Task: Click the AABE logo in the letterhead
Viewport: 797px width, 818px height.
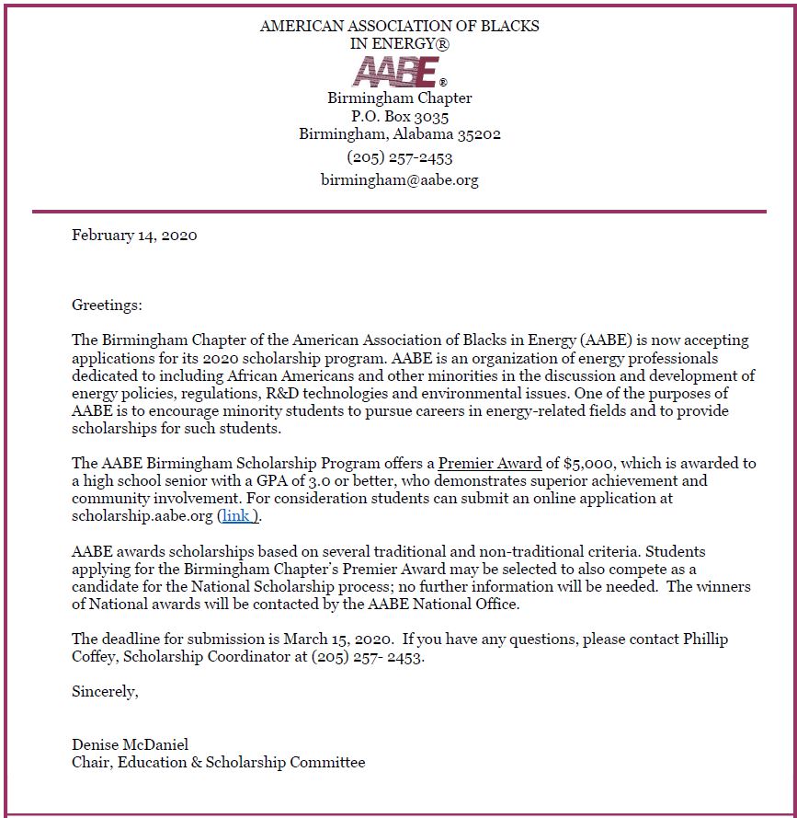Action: [399, 70]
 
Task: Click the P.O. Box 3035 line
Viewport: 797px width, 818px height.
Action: [399, 117]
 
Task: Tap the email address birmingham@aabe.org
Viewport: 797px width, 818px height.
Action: [399, 180]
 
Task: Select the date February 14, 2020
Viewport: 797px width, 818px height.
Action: [134, 235]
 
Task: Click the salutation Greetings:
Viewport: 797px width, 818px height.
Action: [107, 305]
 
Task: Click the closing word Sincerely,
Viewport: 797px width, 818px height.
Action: [105, 691]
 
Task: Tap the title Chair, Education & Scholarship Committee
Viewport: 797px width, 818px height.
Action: [218, 762]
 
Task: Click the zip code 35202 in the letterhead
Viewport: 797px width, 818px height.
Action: [477, 134]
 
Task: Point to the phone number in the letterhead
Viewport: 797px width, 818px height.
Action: [399, 157]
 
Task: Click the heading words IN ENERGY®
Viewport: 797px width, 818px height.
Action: [399, 43]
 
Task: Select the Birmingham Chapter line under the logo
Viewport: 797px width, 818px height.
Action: [399, 98]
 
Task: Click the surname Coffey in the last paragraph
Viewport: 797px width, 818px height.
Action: [95, 656]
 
